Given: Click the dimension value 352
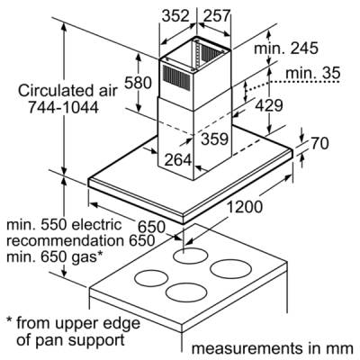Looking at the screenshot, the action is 175,16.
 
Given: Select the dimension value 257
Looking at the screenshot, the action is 217,16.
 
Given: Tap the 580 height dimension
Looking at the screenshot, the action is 138,83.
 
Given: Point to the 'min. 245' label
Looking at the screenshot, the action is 286,48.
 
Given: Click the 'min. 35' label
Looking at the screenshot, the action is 313,73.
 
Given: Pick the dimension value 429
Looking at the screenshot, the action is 269,105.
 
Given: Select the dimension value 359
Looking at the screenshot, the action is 215,139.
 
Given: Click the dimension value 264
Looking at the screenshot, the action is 178,160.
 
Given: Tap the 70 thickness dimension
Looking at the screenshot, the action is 319,143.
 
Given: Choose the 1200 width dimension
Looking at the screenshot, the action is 244,207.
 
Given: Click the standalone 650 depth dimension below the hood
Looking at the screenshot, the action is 151,227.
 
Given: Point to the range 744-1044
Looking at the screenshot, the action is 63,107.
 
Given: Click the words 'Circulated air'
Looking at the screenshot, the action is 67,91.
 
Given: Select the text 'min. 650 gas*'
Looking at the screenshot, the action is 55,256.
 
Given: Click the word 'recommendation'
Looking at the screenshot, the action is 65,241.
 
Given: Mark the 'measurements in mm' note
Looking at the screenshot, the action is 273,348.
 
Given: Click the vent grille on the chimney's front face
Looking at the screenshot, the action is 176,76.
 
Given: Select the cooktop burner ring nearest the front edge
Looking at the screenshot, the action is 186,292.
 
